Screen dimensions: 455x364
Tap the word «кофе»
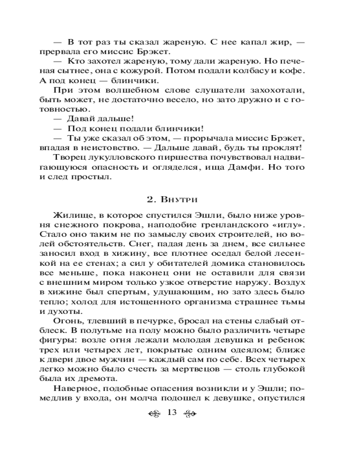tap(293, 71)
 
